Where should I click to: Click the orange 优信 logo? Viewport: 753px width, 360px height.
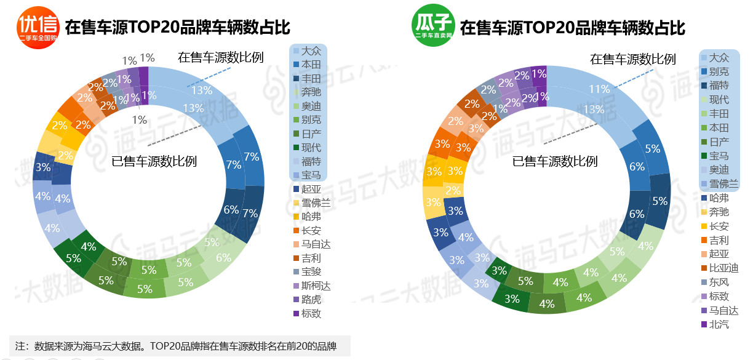38,28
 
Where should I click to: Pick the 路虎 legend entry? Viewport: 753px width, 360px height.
311,300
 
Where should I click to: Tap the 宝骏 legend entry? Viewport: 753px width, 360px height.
311,271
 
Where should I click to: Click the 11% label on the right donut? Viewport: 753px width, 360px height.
599,90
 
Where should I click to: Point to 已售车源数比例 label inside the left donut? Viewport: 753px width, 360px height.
154,162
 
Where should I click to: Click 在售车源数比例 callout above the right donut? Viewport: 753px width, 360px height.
632,59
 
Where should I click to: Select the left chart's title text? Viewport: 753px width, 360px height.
177,28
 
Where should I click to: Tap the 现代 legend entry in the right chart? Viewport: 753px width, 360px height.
719,100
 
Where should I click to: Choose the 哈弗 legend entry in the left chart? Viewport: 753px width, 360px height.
311,217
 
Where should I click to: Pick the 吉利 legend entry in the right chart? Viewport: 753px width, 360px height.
719,240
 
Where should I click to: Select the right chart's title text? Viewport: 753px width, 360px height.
573,28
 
